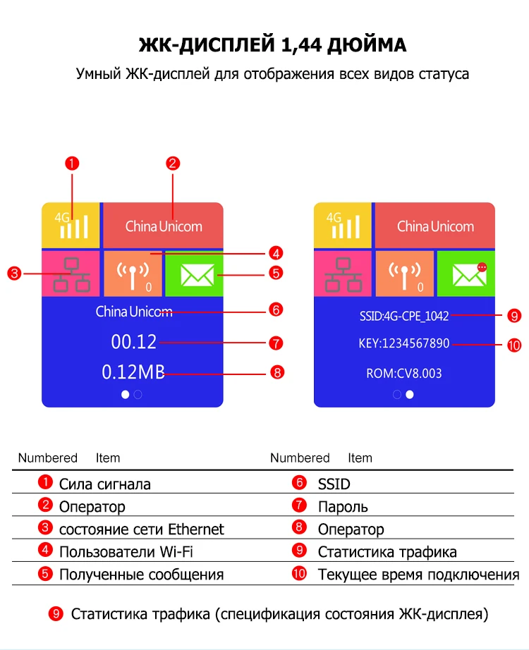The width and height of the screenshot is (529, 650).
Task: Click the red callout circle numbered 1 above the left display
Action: coord(71,164)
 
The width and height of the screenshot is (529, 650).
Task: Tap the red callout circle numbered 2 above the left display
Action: coord(174,164)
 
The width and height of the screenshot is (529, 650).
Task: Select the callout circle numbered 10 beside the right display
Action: coord(513,345)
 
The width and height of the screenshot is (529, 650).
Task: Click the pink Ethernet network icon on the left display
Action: coord(71,274)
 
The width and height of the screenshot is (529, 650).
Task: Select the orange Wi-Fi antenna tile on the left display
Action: coord(133,274)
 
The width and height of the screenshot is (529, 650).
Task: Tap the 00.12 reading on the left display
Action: coord(133,342)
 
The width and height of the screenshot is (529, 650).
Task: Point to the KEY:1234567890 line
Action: coord(403,344)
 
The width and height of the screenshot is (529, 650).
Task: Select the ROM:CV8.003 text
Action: coord(403,373)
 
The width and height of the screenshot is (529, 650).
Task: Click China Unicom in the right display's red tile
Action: coord(435,226)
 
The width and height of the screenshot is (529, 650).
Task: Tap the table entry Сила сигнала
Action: coord(104,484)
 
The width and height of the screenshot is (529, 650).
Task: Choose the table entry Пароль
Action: coord(343,507)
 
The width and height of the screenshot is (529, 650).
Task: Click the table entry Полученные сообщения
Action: coord(141,575)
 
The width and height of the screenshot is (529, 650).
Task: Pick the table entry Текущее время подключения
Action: coord(418,575)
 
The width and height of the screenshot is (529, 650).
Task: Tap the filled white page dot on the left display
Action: coord(126,395)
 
